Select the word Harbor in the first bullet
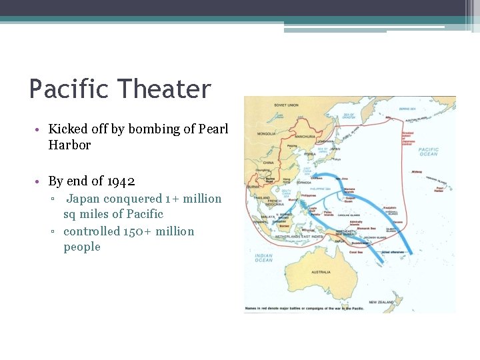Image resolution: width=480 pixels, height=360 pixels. click(69, 145)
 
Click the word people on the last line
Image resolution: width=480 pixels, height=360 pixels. click(81, 247)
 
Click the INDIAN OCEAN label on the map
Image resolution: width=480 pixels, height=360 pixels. click(263, 257)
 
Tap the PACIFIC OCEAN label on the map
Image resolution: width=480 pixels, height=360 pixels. click(428, 152)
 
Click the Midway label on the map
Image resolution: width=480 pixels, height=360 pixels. click(417, 171)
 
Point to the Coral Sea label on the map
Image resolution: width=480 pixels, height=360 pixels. click(357, 252)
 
